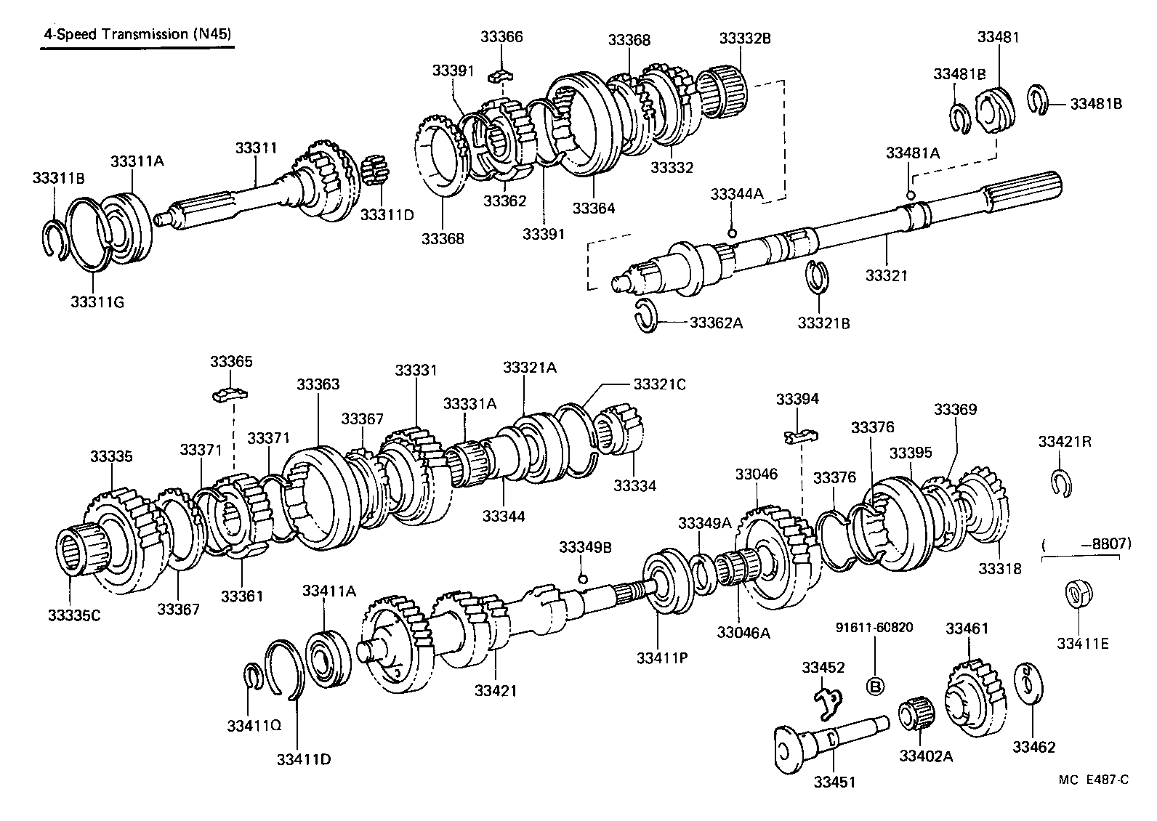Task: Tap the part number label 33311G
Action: pyautogui.click(x=97, y=301)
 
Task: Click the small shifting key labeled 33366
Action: pyautogui.click(x=501, y=74)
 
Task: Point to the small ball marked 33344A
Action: pyautogui.click(x=732, y=233)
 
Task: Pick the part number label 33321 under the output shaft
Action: pyautogui.click(x=886, y=275)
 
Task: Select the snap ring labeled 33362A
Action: pyautogui.click(x=645, y=317)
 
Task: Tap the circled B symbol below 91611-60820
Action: pyautogui.click(x=875, y=687)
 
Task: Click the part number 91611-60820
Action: pyautogui.click(x=873, y=627)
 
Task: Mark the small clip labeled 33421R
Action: pyautogui.click(x=1061, y=484)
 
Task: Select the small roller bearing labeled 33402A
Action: pyautogui.click(x=917, y=714)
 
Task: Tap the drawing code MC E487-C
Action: pyautogui.click(x=1094, y=780)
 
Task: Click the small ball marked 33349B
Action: pyautogui.click(x=581, y=578)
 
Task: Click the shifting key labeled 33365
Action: pyautogui.click(x=231, y=395)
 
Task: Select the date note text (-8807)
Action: pyautogui.click(x=1081, y=543)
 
